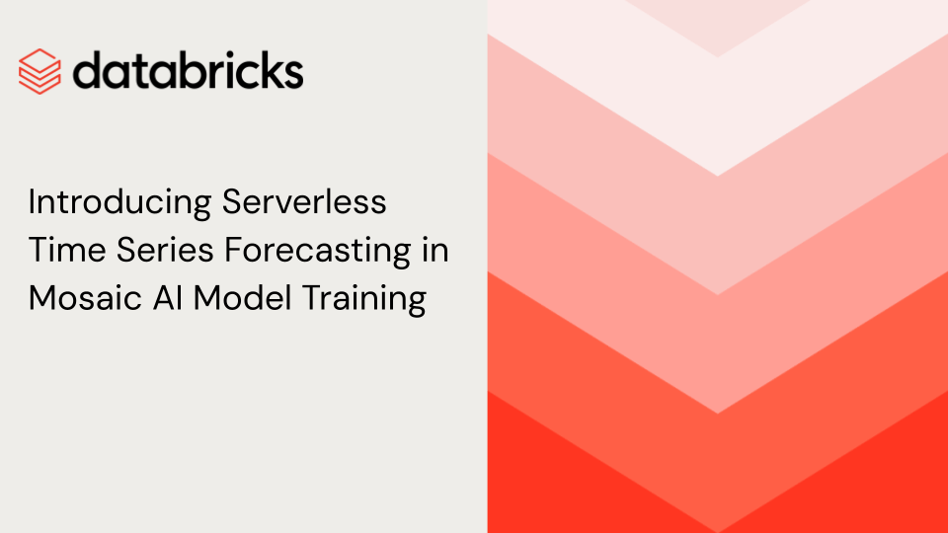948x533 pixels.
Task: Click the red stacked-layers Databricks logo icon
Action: [x=39, y=71]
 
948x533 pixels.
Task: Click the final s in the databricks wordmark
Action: [x=292, y=75]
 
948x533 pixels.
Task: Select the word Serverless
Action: [x=304, y=201]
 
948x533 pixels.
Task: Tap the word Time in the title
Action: [x=67, y=250]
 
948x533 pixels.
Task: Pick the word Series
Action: [x=165, y=250]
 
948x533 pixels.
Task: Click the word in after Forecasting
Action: [x=435, y=250]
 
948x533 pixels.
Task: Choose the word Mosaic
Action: [x=85, y=298]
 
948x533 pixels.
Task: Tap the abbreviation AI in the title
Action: [x=168, y=298]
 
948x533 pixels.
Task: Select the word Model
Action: [x=243, y=298]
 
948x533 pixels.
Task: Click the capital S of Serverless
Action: [x=232, y=201]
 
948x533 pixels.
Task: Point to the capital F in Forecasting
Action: [x=233, y=250]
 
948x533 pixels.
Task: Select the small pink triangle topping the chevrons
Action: [x=718, y=24]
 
